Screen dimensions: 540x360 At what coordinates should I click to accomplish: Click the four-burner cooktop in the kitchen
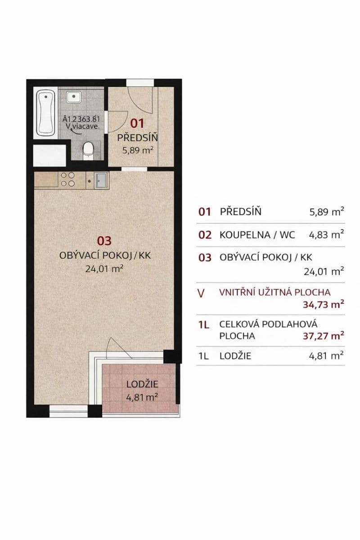click(67, 180)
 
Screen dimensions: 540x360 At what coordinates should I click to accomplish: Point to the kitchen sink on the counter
click(99, 180)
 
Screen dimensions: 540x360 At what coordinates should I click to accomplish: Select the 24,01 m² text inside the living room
click(104, 269)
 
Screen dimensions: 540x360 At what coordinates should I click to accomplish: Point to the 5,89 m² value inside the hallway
click(138, 150)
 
